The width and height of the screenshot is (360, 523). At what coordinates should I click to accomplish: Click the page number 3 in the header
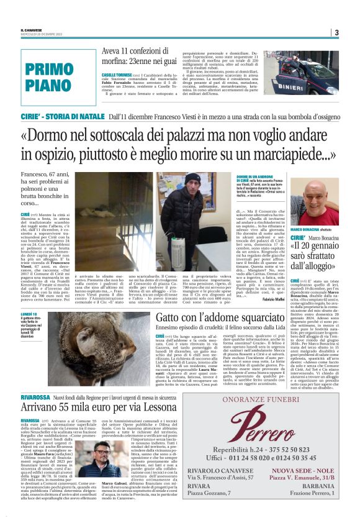click(x=336, y=32)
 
